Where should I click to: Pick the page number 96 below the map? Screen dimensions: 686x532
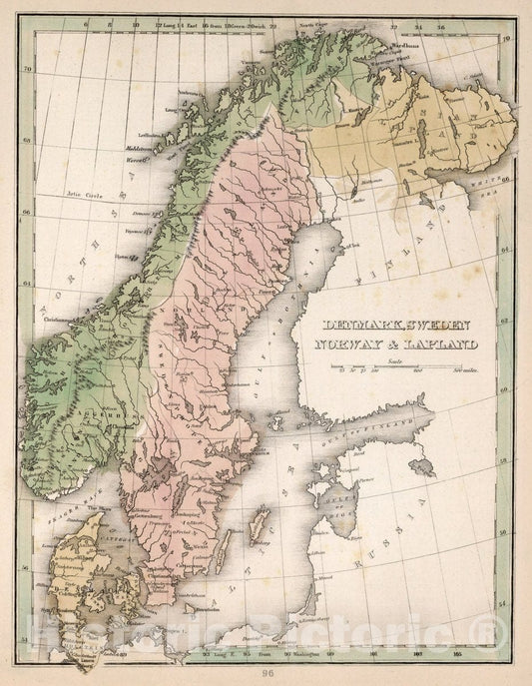pos(266,672)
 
